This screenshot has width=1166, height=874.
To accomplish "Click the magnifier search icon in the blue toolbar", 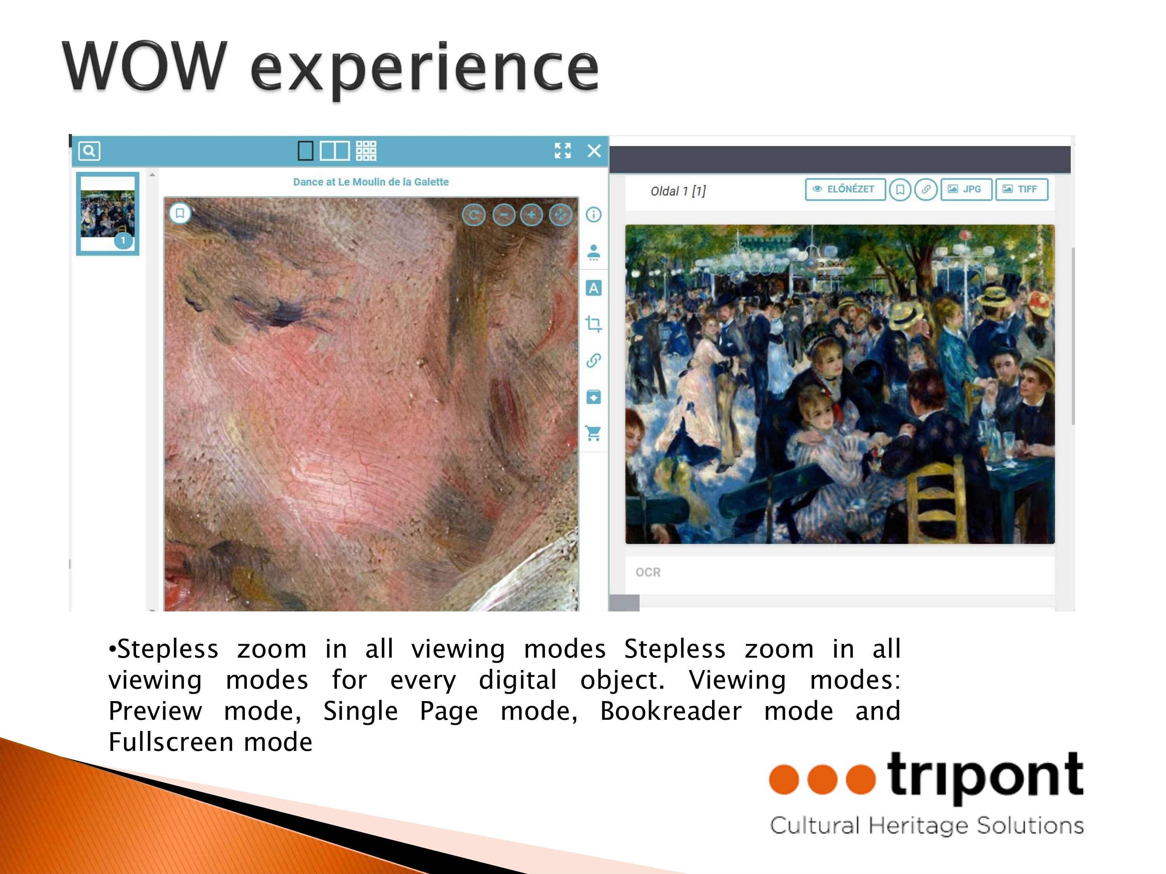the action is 89,151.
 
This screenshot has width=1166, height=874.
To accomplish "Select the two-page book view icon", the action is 335,151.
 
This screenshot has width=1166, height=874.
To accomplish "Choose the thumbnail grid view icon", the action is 367,151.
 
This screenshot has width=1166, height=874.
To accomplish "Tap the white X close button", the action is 594,151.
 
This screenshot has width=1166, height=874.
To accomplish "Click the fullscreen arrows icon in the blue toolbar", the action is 563,151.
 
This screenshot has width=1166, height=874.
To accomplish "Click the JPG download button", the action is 966,189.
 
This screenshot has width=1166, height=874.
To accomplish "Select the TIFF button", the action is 1021,189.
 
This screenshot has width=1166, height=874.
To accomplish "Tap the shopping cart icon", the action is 593,433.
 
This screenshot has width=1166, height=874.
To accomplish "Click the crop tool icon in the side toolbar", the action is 593,324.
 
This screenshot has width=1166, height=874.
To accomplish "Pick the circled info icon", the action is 593,215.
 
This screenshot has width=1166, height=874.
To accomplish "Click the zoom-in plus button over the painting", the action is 531,215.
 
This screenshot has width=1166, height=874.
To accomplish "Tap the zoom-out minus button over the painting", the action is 504,215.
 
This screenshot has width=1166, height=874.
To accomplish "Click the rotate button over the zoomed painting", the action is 473,215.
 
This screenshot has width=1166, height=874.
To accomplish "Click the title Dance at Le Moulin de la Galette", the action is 371,182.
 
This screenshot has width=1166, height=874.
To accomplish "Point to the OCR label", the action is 648,572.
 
